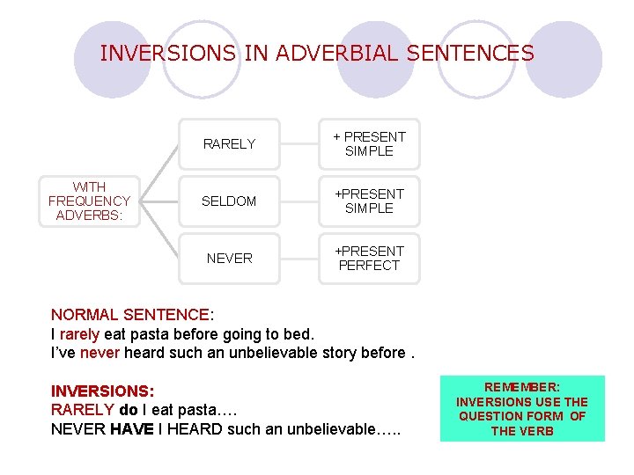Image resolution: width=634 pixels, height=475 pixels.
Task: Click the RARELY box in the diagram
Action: (x=229, y=144)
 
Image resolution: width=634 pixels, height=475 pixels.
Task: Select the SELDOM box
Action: (x=229, y=201)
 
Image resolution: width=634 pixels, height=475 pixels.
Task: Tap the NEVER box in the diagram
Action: (x=229, y=259)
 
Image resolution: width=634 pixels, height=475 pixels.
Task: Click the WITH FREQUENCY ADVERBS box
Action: (x=89, y=201)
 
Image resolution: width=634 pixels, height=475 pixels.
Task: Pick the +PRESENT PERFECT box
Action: (x=369, y=259)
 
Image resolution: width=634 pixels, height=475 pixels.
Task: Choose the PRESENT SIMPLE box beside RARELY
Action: (x=369, y=144)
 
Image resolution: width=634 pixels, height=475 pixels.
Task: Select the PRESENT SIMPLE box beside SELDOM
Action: (x=369, y=201)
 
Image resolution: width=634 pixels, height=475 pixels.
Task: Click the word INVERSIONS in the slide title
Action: (x=168, y=54)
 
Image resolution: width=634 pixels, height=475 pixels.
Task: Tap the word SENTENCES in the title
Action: (x=472, y=54)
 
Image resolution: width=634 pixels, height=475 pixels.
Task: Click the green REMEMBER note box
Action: (x=522, y=409)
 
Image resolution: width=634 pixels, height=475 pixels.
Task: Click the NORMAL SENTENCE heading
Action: (x=130, y=315)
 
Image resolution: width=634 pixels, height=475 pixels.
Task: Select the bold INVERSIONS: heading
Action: (x=102, y=391)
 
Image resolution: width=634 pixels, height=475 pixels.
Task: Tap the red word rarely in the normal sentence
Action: (x=79, y=334)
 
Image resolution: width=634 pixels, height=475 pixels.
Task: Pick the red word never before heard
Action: (x=99, y=354)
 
